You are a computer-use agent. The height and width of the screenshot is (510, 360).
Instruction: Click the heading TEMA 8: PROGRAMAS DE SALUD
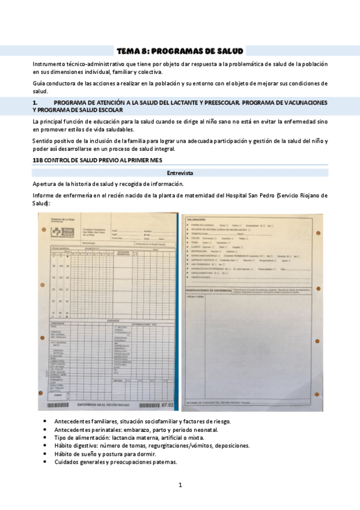click(180, 51)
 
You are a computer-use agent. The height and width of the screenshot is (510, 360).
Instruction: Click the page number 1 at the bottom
click(180, 485)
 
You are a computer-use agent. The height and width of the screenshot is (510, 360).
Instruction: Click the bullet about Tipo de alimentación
click(124, 438)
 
